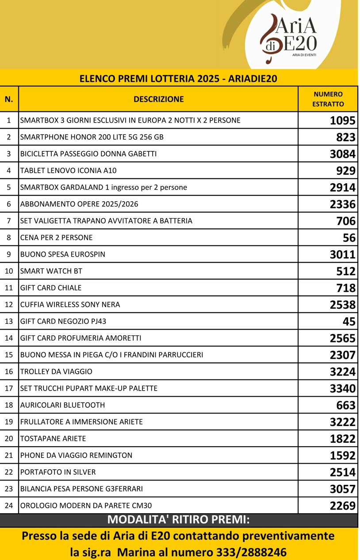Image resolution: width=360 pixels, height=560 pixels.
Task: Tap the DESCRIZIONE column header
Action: point(158,99)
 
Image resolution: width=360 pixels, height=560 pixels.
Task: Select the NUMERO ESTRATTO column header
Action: point(328,99)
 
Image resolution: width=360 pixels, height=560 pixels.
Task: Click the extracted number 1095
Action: point(342,121)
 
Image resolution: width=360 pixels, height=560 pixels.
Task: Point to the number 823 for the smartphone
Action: point(346,138)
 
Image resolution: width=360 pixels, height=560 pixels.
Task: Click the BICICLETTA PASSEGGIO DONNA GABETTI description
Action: point(88,154)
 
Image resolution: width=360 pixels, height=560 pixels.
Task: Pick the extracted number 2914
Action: point(342,188)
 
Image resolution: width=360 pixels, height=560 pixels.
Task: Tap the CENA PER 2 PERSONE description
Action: point(57,238)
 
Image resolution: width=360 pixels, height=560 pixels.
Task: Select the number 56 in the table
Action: point(349,238)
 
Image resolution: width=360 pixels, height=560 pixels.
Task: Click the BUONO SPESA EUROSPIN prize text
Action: point(63,254)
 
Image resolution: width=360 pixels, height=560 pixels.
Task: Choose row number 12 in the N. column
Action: point(9,305)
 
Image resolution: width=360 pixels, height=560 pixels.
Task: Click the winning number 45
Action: point(349,322)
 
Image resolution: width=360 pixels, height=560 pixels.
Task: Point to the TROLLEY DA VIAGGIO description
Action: point(56,372)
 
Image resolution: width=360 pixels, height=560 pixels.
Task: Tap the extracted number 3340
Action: point(342,389)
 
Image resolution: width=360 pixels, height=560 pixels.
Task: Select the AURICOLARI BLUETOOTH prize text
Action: point(62,405)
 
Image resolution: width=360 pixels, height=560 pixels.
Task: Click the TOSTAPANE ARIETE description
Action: point(53,439)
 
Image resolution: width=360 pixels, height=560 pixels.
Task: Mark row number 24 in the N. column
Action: point(9,506)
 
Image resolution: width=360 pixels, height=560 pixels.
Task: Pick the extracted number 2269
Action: point(342,506)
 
